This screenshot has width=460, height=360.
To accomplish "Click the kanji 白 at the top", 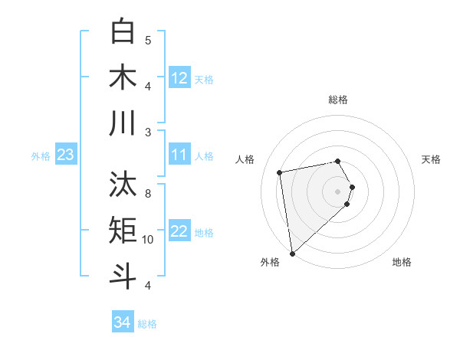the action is pyautogui.click(x=123, y=31).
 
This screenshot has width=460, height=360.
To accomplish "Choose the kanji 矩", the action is pyautogui.click(x=123, y=231).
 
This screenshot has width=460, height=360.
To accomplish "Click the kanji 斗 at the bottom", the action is pyautogui.click(x=123, y=276).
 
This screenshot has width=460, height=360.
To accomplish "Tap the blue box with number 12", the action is pyautogui.click(x=179, y=78).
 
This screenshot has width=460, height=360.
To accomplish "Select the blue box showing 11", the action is pyautogui.click(x=179, y=155).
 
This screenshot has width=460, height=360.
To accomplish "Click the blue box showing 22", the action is pyautogui.click(x=179, y=232).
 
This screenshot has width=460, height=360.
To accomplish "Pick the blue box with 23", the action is pyautogui.click(x=65, y=155).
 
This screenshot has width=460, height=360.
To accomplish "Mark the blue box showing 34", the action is pyautogui.click(x=123, y=322).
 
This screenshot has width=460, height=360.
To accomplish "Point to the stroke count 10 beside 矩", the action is pyautogui.click(x=148, y=240).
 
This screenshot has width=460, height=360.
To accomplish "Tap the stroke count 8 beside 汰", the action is pyautogui.click(x=148, y=193).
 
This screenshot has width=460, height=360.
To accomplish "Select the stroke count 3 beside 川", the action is pyautogui.click(x=148, y=132).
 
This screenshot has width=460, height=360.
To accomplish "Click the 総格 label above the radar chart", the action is pyautogui.click(x=338, y=100).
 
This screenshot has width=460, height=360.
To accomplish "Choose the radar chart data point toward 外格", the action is pyautogui.click(x=292, y=254).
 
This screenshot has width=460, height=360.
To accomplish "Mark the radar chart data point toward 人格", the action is pyautogui.click(x=280, y=172).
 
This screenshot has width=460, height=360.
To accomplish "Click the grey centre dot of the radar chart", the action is pyautogui.click(x=338, y=191).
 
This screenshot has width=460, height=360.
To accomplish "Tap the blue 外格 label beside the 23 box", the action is pyautogui.click(x=41, y=156).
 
